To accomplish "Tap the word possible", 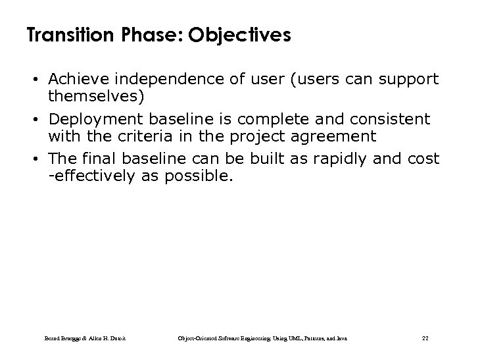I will pyautogui.click(x=201, y=176).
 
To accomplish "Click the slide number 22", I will pyautogui.click(x=424, y=338).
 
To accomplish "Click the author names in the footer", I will pyautogui.click(x=84, y=338).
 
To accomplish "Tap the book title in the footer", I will pyautogui.click(x=263, y=338).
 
